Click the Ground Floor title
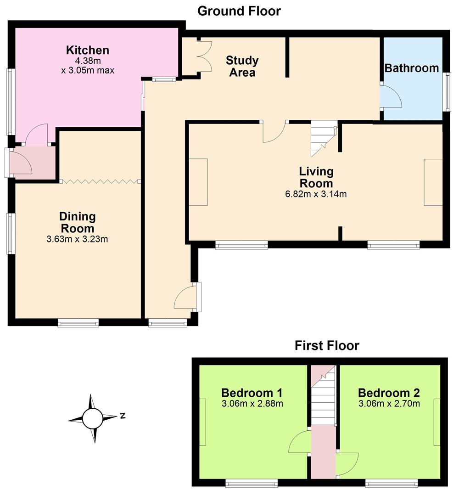point(239,11)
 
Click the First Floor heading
point(327,345)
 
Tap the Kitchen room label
point(88,50)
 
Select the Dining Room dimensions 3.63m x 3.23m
point(77,239)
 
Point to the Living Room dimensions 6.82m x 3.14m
point(316,194)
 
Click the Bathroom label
point(412,68)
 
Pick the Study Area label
point(242,66)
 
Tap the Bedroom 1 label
point(252,393)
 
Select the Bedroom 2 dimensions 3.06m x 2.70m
point(389,404)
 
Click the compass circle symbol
point(92,418)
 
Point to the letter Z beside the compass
point(123,416)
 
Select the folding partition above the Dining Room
point(101,181)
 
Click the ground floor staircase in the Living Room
point(324,139)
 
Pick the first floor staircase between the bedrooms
point(323,395)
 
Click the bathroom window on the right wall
point(448,92)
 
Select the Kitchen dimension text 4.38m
point(88,61)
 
